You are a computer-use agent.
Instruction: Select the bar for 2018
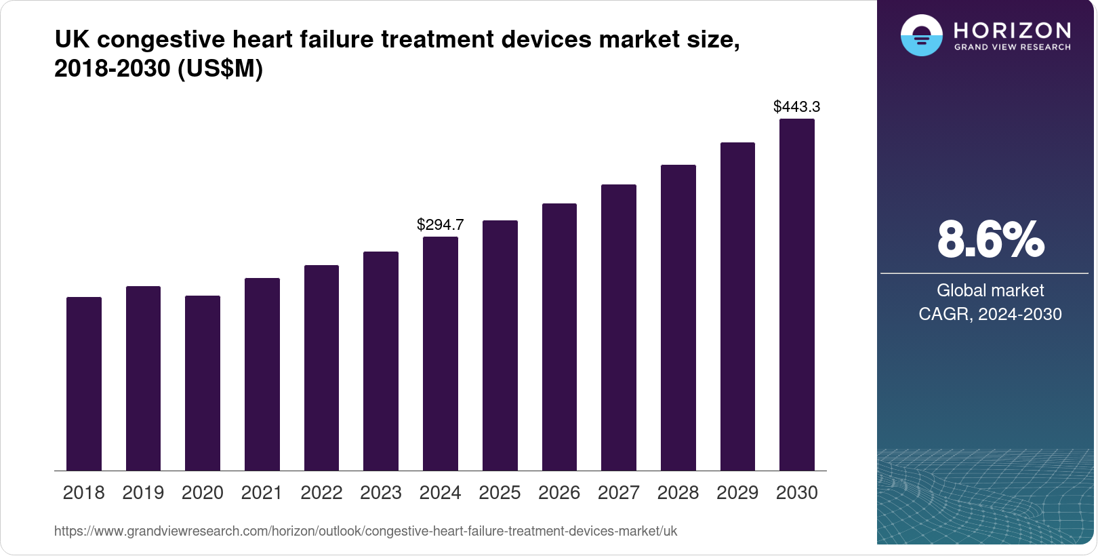click(x=84, y=384)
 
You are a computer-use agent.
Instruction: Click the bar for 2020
click(x=203, y=383)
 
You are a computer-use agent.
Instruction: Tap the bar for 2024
click(x=441, y=353)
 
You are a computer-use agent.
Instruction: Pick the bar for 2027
click(x=619, y=327)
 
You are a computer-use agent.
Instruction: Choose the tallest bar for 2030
click(x=797, y=295)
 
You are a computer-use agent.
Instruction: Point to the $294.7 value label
click(x=441, y=224)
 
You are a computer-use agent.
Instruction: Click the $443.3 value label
click(x=797, y=106)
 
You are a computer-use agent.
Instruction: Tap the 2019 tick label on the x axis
click(x=143, y=493)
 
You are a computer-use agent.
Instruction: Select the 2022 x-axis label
click(x=321, y=493)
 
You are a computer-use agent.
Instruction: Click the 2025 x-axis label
click(x=500, y=493)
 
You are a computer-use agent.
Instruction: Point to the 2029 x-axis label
click(x=737, y=493)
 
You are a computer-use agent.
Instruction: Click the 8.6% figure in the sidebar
click(x=990, y=239)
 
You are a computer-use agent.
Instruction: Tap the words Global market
click(x=990, y=290)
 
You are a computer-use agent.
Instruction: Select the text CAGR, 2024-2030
click(x=990, y=314)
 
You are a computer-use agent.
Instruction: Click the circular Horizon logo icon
click(x=921, y=35)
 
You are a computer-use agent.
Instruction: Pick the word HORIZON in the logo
click(x=1013, y=31)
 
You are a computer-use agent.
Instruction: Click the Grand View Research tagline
click(x=1013, y=47)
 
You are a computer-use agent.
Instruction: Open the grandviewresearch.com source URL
click(x=366, y=531)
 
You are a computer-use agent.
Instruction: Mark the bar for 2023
click(x=381, y=361)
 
